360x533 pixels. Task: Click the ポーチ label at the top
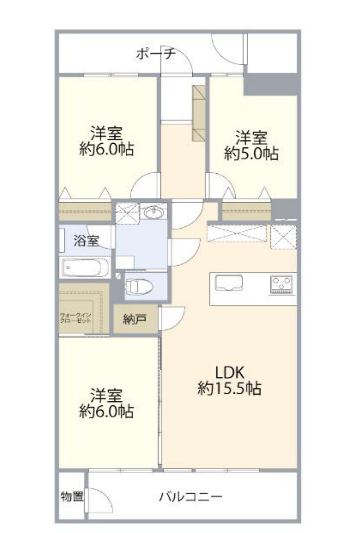tap(156, 54)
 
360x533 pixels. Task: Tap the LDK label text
tap(230, 373)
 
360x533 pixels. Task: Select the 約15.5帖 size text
tap(229, 389)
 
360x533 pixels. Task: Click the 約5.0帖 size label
tap(251, 153)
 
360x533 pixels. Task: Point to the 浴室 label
tap(86, 240)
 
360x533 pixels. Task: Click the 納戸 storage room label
tap(135, 319)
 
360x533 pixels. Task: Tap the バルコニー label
tap(191, 497)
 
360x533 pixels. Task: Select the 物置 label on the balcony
tap(72, 496)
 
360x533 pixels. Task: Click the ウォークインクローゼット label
tap(76, 318)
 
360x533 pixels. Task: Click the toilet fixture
tap(139, 287)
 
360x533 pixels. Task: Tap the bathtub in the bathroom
tap(85, 267)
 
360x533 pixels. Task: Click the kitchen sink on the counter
tap(229, 283)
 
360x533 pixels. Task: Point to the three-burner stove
tap(281, 284)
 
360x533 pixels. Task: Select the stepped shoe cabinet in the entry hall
tap(198, 113)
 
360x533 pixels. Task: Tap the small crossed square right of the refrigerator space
tap(283, 237)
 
